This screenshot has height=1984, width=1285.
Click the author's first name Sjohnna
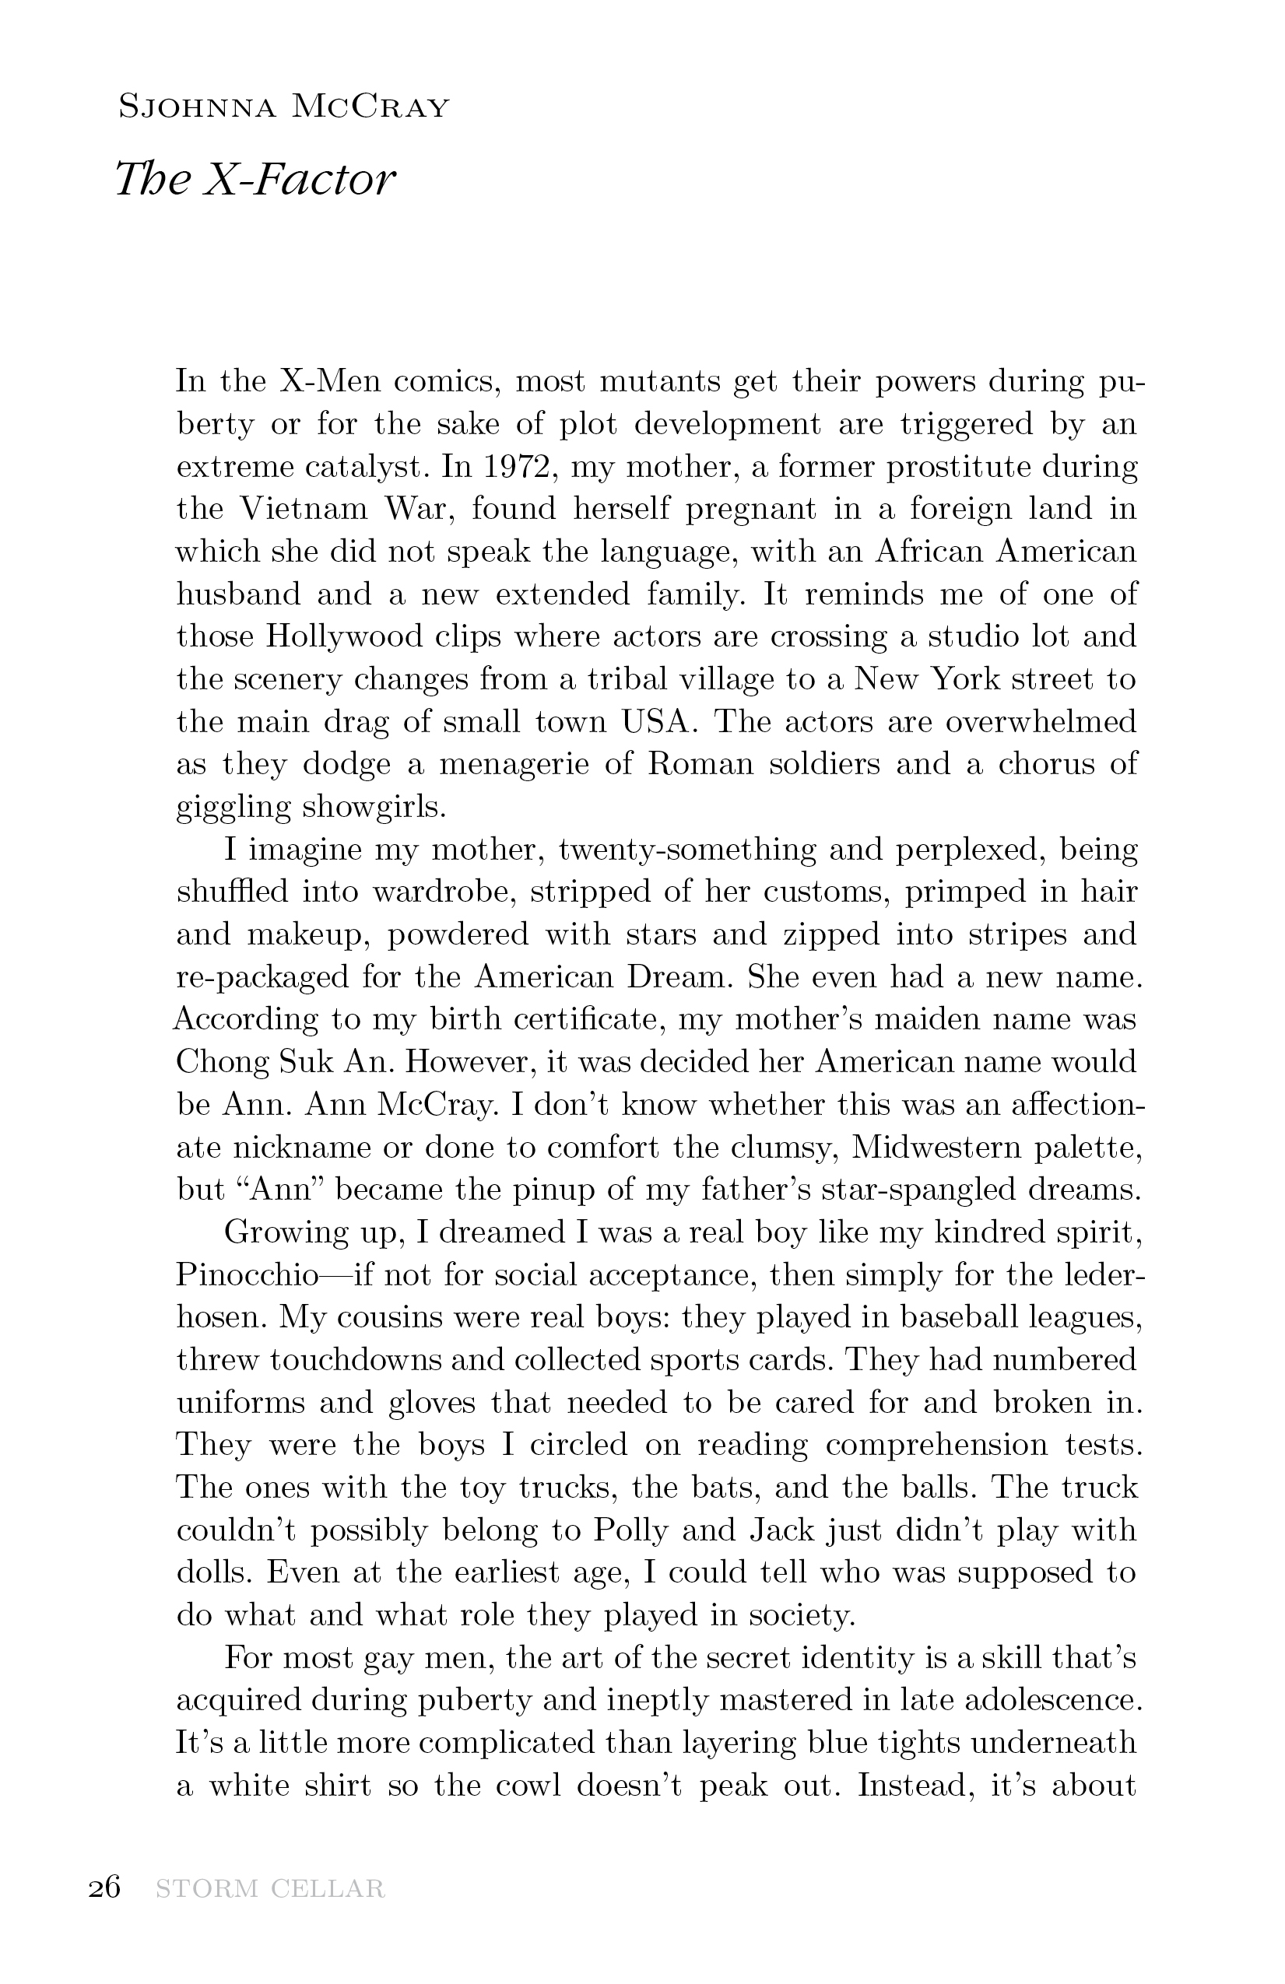[x=197, y=107]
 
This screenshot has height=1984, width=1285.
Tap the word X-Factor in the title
[x=299, y=179]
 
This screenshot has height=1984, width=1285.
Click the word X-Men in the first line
[x=330, y=382]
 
